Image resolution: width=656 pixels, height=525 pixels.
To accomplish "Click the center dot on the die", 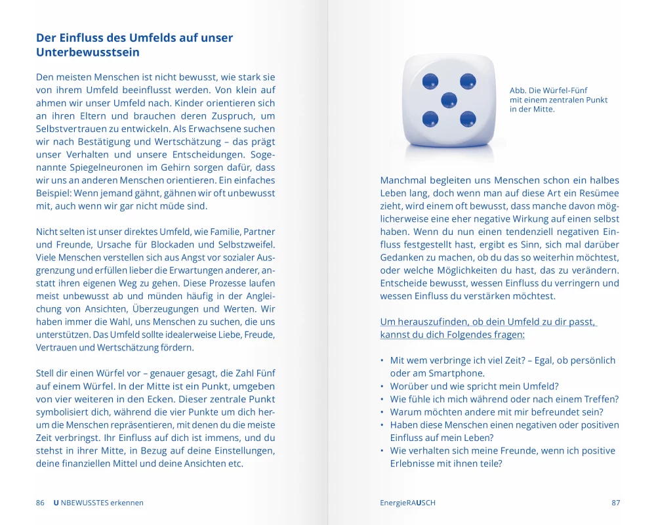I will tap(449, 100).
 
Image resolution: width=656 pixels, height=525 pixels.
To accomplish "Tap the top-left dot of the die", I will tap(430, 81).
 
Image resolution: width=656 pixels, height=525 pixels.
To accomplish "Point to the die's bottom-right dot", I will tap(468, 119).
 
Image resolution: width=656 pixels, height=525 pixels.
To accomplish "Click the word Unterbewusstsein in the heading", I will tap(88, 52).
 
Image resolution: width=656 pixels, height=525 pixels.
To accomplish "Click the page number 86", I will tap(40, 503).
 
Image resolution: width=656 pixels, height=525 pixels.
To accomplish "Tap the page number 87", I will tap(615, 503).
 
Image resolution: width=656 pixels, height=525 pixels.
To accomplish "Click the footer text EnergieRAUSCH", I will tap(407, 503).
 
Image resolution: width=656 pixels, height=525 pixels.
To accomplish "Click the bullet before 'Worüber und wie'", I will tap(382, 387).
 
